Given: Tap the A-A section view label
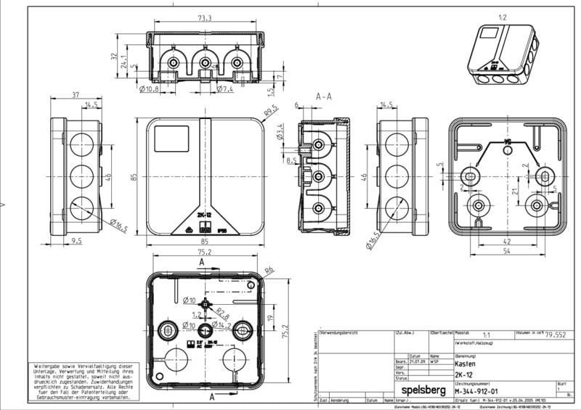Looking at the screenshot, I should (325, 96).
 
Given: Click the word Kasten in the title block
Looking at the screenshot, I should (466, 365).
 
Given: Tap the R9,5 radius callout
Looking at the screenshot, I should (270, 112).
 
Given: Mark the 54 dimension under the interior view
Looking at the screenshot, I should (508, 250).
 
